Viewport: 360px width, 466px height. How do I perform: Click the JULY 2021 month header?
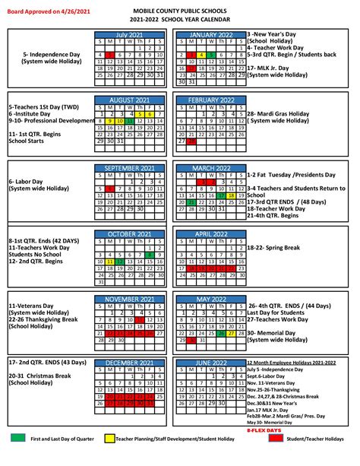pyautogui.click(x=131, y=35)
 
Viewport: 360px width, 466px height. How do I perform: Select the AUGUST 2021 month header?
pyautogui.click(x=131, y=100)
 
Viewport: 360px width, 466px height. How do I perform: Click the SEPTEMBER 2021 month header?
pyautogui.click(x=131, y=167)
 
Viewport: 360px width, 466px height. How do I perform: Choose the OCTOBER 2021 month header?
pyautogui.click(x=131, y=234)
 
